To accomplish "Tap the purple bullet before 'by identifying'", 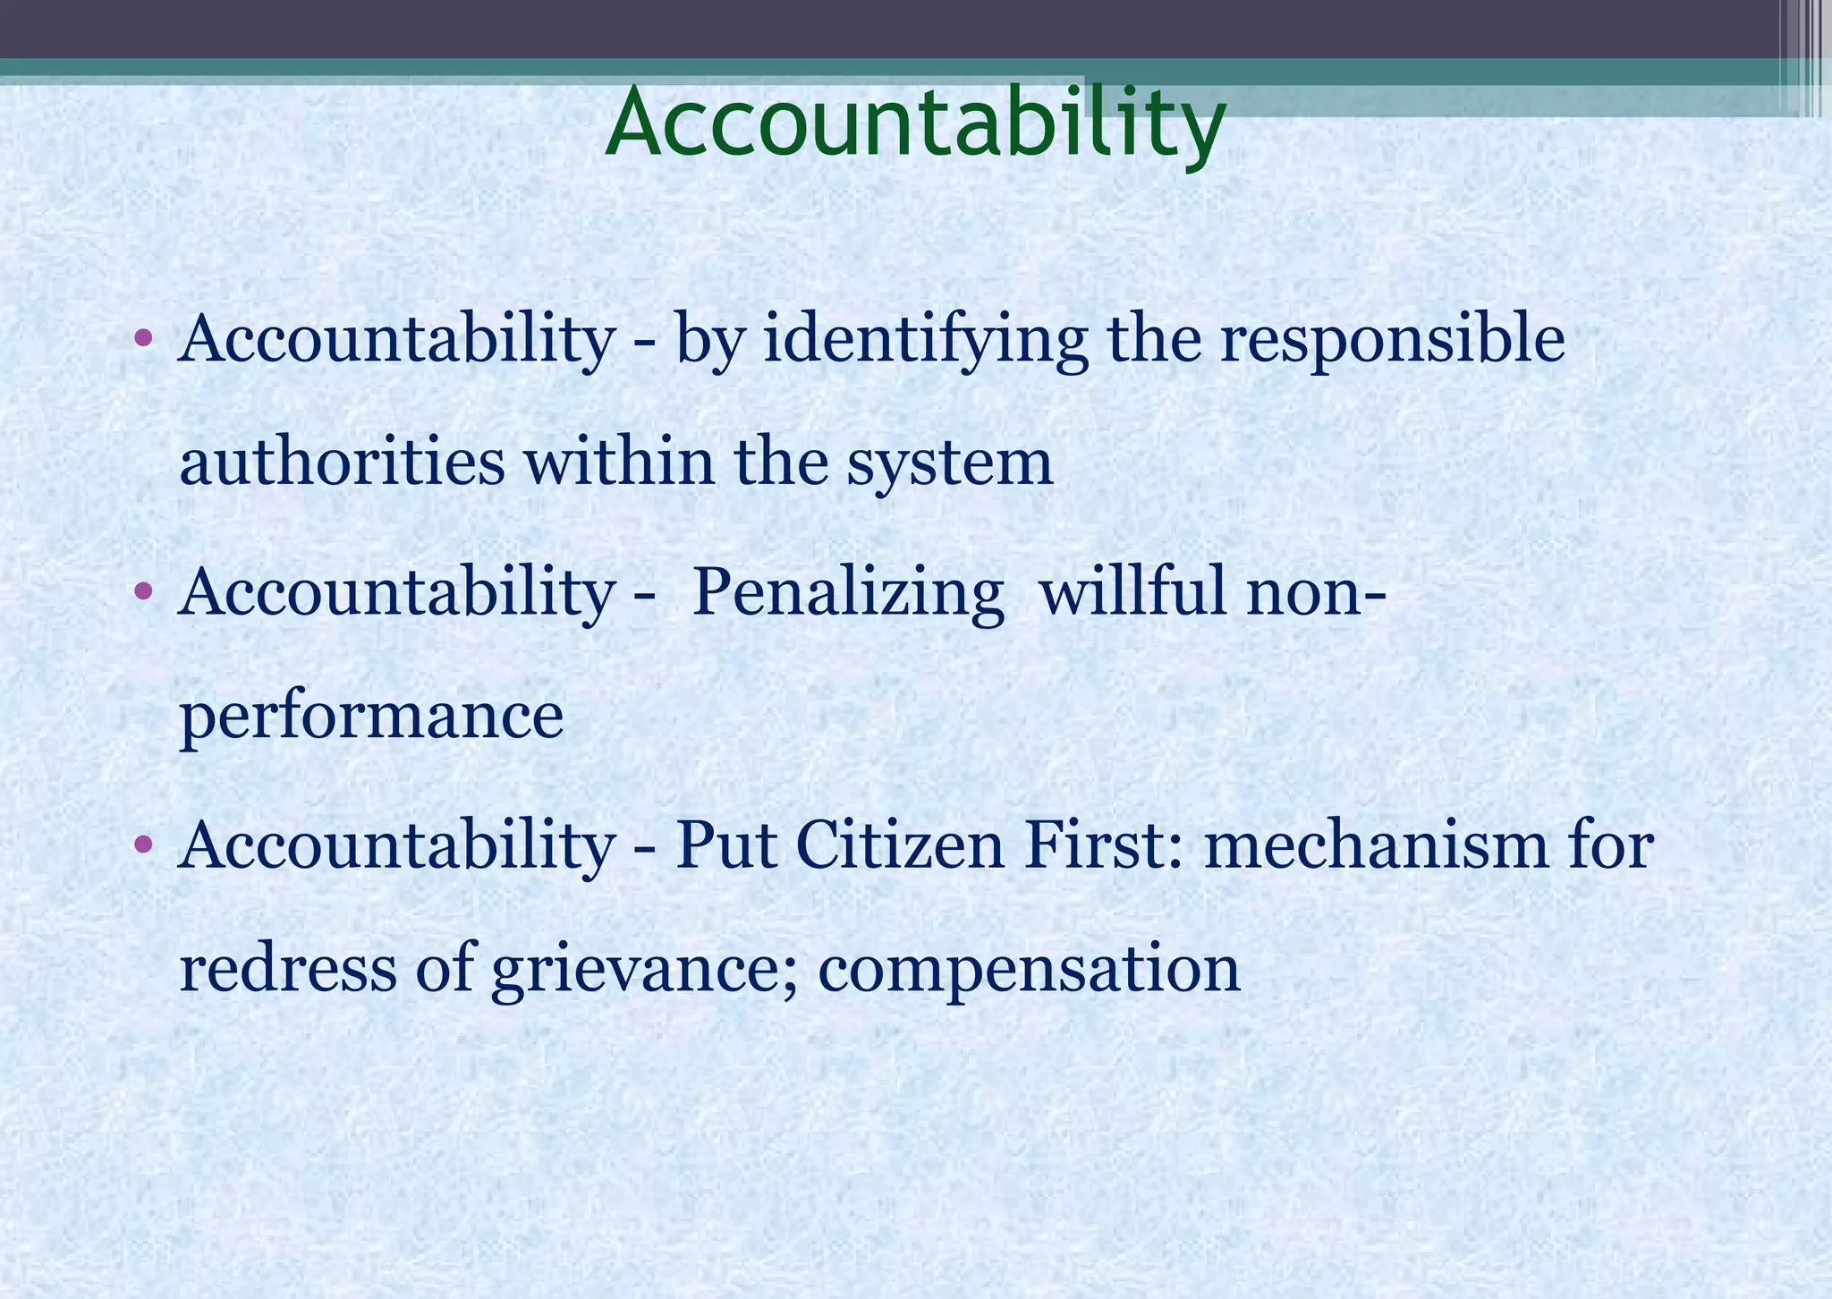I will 142,339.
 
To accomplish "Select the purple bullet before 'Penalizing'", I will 142,592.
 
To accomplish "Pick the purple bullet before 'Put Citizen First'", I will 142,845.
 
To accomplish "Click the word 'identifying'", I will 925,341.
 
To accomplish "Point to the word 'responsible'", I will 1392,341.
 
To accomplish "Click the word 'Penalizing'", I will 847,594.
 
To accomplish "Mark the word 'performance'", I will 371,718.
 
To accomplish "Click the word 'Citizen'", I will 900,845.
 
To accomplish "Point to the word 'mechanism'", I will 1376,845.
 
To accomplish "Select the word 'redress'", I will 287,969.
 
